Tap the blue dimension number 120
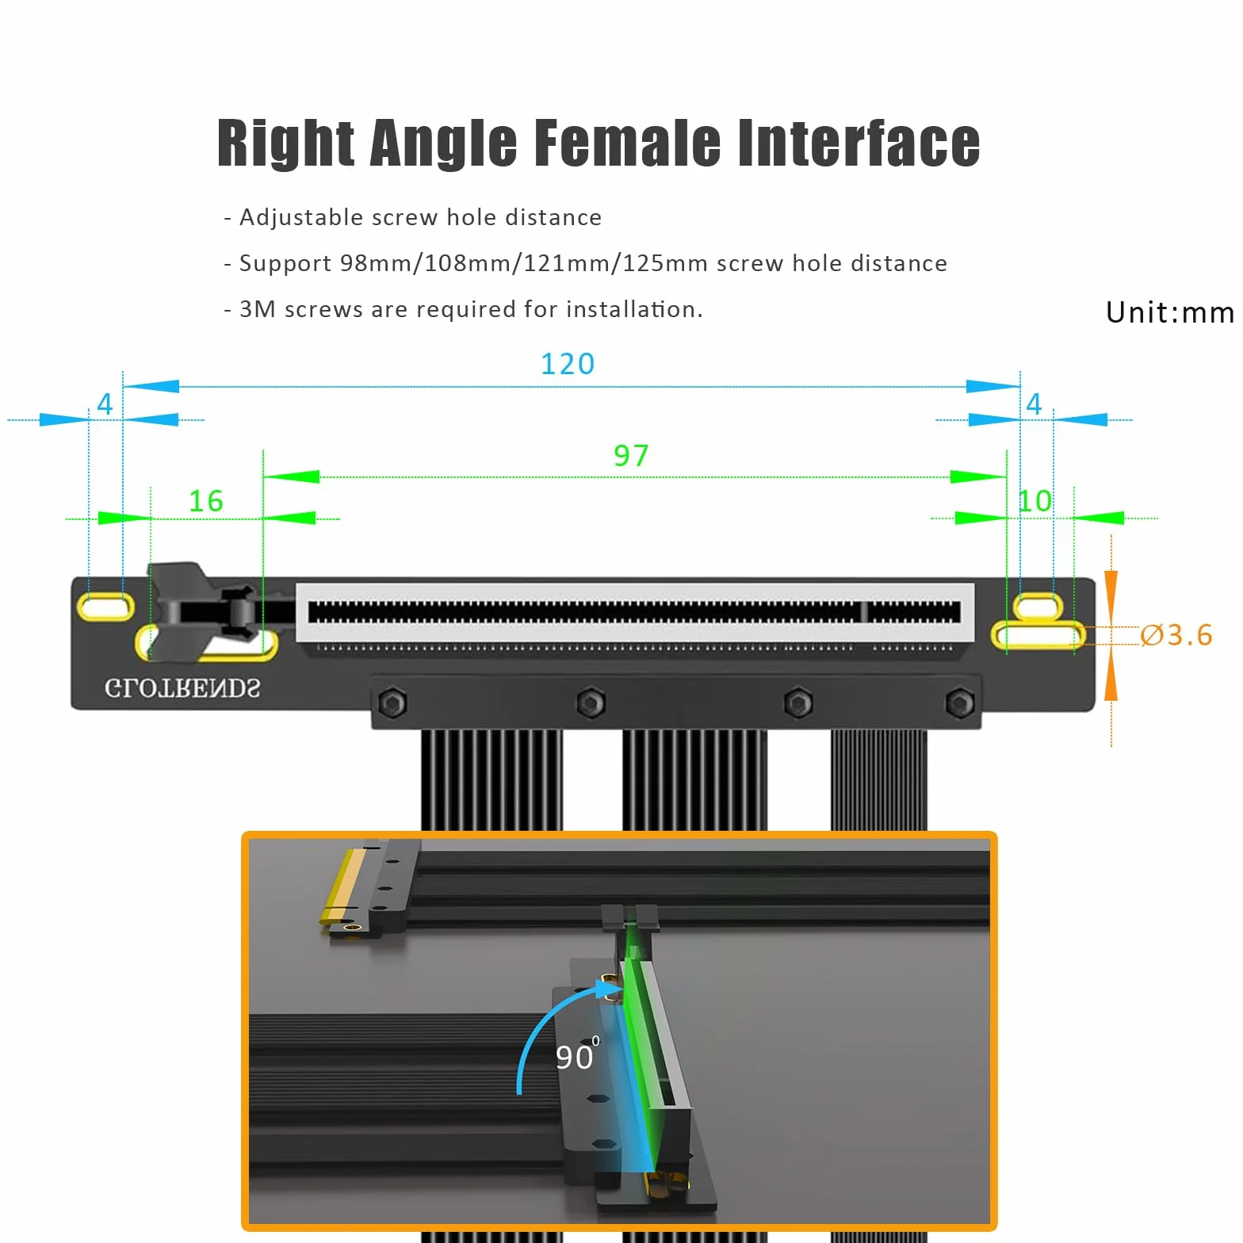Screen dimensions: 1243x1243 click(x=568, y=364)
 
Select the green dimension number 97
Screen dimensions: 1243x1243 click(x=631, y=456)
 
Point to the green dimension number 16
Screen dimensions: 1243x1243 click(x=205, y=501)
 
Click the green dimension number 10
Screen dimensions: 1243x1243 click(x=1035, y=501)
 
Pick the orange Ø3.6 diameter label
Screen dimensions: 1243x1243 click(x=1176, y=635)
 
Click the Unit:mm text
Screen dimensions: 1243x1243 click(x=1170, y=312)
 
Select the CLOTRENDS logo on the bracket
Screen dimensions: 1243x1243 click(x=182, y=688)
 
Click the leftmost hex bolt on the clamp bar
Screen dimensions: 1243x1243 click(x=392, y=702)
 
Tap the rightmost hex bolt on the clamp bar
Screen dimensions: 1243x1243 click(x=960, y=702)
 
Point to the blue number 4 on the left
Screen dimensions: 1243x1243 click(x=105, y=404)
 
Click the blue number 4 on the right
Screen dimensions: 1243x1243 click(x=1034, y=404)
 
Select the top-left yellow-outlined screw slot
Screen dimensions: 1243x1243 click(x=105, y=607)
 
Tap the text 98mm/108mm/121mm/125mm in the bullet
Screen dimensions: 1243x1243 click(x=524, y=263)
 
